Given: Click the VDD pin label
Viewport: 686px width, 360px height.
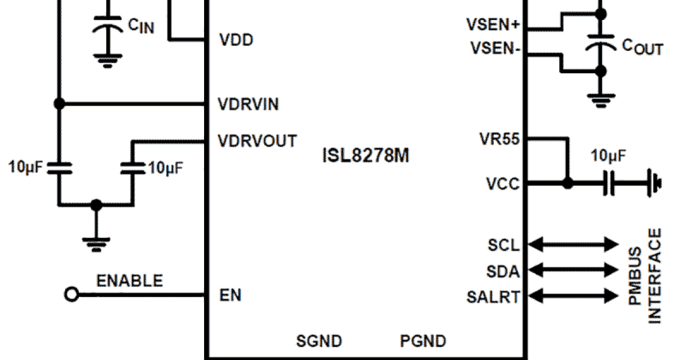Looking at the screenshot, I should pyautogui.click(x=236, y=41).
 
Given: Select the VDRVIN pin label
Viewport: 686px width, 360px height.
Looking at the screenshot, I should pyautogui.click(x=248, y=104).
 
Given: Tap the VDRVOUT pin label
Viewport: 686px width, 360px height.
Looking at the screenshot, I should pyautogui.click(x=257, y=141).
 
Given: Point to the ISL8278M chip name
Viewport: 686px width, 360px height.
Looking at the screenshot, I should pyautogui.click(x=365, y=155).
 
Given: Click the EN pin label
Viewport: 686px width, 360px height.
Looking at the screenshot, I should pyautogui.click(x=230, y=295).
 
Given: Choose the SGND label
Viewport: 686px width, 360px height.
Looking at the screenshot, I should pyautogui.click(x=319, y=341).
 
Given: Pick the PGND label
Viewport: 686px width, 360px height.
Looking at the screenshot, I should pyautogui.click(x=422, y=341).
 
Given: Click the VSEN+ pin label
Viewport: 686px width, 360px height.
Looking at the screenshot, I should pyautogui.click(x=493, y=25).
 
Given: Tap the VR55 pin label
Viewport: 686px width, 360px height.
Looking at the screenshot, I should pyautogui.click(x=500, y=139).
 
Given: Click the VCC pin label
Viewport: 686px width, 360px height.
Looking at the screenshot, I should pyautogui.click(x=503, y=184).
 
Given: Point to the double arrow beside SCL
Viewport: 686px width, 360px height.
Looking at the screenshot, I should pyautogui.click(x=573, y=245).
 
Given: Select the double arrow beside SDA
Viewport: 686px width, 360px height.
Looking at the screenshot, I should pyautogui.click(x=573, y=270).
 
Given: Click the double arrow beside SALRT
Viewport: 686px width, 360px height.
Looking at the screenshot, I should pyautogui.click(x=573, y=296).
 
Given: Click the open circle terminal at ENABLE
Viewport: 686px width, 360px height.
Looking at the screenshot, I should pyautogui.click(x=71, y=295).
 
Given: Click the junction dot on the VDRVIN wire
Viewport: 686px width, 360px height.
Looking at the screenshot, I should pyautogui.click(x=58, y=104).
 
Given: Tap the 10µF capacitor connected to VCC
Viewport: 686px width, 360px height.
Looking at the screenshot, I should pyautogui.click(x=610, y=184).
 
